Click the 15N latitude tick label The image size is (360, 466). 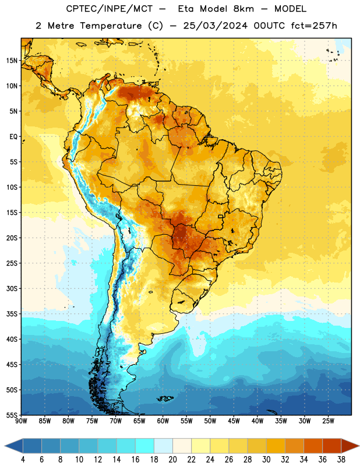tap(12, 61)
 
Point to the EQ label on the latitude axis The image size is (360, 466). tap(13, 137)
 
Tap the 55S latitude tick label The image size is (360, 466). tap(12, 415)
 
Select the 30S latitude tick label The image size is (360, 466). tap(12, 288)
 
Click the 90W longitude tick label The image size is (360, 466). tap(21, 421)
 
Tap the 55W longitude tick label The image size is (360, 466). tap(186, 421)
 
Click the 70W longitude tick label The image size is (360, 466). tap(116, 421)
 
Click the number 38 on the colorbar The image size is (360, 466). tap(341, 460)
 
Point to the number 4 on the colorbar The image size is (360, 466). tap(23, 460)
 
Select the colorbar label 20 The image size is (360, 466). tap(172, 460)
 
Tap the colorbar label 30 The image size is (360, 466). tap(266, 460)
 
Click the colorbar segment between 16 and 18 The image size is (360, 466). tap(145, 446)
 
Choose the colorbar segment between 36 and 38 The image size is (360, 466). tap(332, 446)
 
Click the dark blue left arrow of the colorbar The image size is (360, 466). tap(13, 446)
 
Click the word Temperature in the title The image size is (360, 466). tap(111, 26)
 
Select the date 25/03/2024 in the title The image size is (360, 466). tap(215, 26)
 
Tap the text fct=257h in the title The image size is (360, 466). tap(313, 26)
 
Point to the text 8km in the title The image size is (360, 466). tap(243, 9)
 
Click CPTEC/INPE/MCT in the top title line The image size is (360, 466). tap(109, 9)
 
